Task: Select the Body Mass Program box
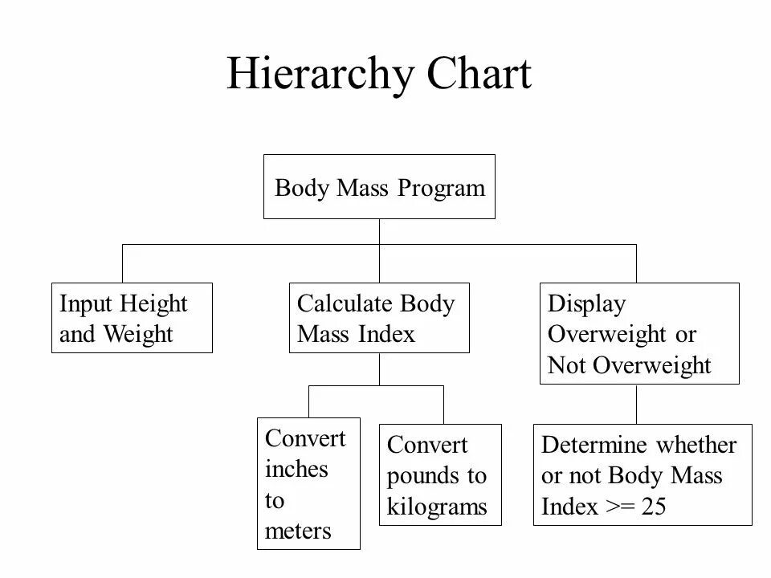379,187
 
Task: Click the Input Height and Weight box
132,318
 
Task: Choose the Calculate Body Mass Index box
379,318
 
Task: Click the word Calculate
345,304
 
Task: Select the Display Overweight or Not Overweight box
638,333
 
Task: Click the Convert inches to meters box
308,484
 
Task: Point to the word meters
298,531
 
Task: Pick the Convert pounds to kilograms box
439,474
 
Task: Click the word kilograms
437,507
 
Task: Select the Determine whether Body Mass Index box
642,474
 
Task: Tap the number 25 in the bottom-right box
653,507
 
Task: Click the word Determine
594,445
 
